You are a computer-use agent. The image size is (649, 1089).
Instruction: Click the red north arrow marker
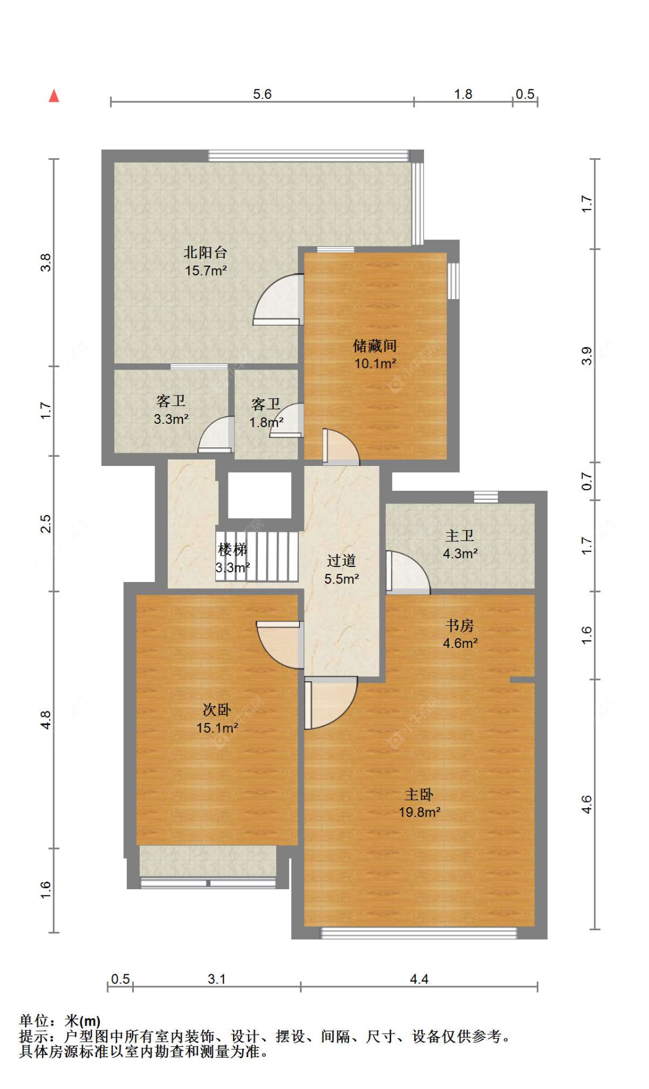coord(54,95)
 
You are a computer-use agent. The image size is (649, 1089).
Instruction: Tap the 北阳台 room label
coord(205,252)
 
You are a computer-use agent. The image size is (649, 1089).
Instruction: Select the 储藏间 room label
coord(375,345)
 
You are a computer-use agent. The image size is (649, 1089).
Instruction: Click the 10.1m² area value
coord(375,364)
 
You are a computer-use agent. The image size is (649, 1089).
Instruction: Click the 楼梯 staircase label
coord(232,549)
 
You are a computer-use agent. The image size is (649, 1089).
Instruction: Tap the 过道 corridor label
coord(342,561)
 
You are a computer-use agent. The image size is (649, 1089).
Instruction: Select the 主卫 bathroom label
coord(460,536)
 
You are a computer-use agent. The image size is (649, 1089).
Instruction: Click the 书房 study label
coord(460,625)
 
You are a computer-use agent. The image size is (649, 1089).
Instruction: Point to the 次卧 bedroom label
coord(217,710)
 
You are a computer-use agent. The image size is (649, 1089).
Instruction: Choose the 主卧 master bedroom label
coord(419,795)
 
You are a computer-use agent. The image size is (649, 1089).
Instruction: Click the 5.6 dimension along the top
coord(262,94)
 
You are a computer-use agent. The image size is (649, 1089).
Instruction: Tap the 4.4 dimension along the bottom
coord(419,979)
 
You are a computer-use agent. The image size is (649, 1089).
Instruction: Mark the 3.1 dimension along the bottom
coord(217,979)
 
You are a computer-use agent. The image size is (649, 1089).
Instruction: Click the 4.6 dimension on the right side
coord(586,804)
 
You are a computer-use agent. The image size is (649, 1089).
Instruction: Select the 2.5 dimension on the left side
coord(46,524)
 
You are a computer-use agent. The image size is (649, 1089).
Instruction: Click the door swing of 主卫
coord(408,572)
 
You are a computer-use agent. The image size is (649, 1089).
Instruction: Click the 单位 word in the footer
coord(34,1021)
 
